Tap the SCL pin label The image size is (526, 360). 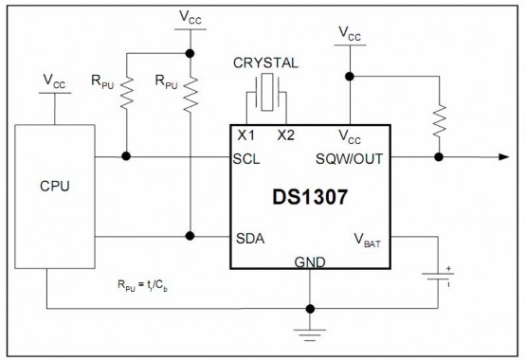pyautogui.click(x=247, y=158)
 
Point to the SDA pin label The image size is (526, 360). pyautogui.click(x=249, y=236)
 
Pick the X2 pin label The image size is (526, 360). pyautogui.click(x=286, y=135)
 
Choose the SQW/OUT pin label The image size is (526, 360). pyautogui.click(x=352, y=158)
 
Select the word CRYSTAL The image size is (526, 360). pyautogui.click(x=266, y=63)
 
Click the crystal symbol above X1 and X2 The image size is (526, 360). pyautogui.click(x=265, y=98)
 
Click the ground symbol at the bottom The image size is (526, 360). pyautogui.click(x=310, y=331)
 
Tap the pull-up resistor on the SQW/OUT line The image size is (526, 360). pyautogui.click(x=438, y=118)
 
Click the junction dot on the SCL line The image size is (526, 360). pyautogui.click(x=126, y=158)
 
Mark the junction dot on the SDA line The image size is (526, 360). pyautogui.click(x=190, y=236)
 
